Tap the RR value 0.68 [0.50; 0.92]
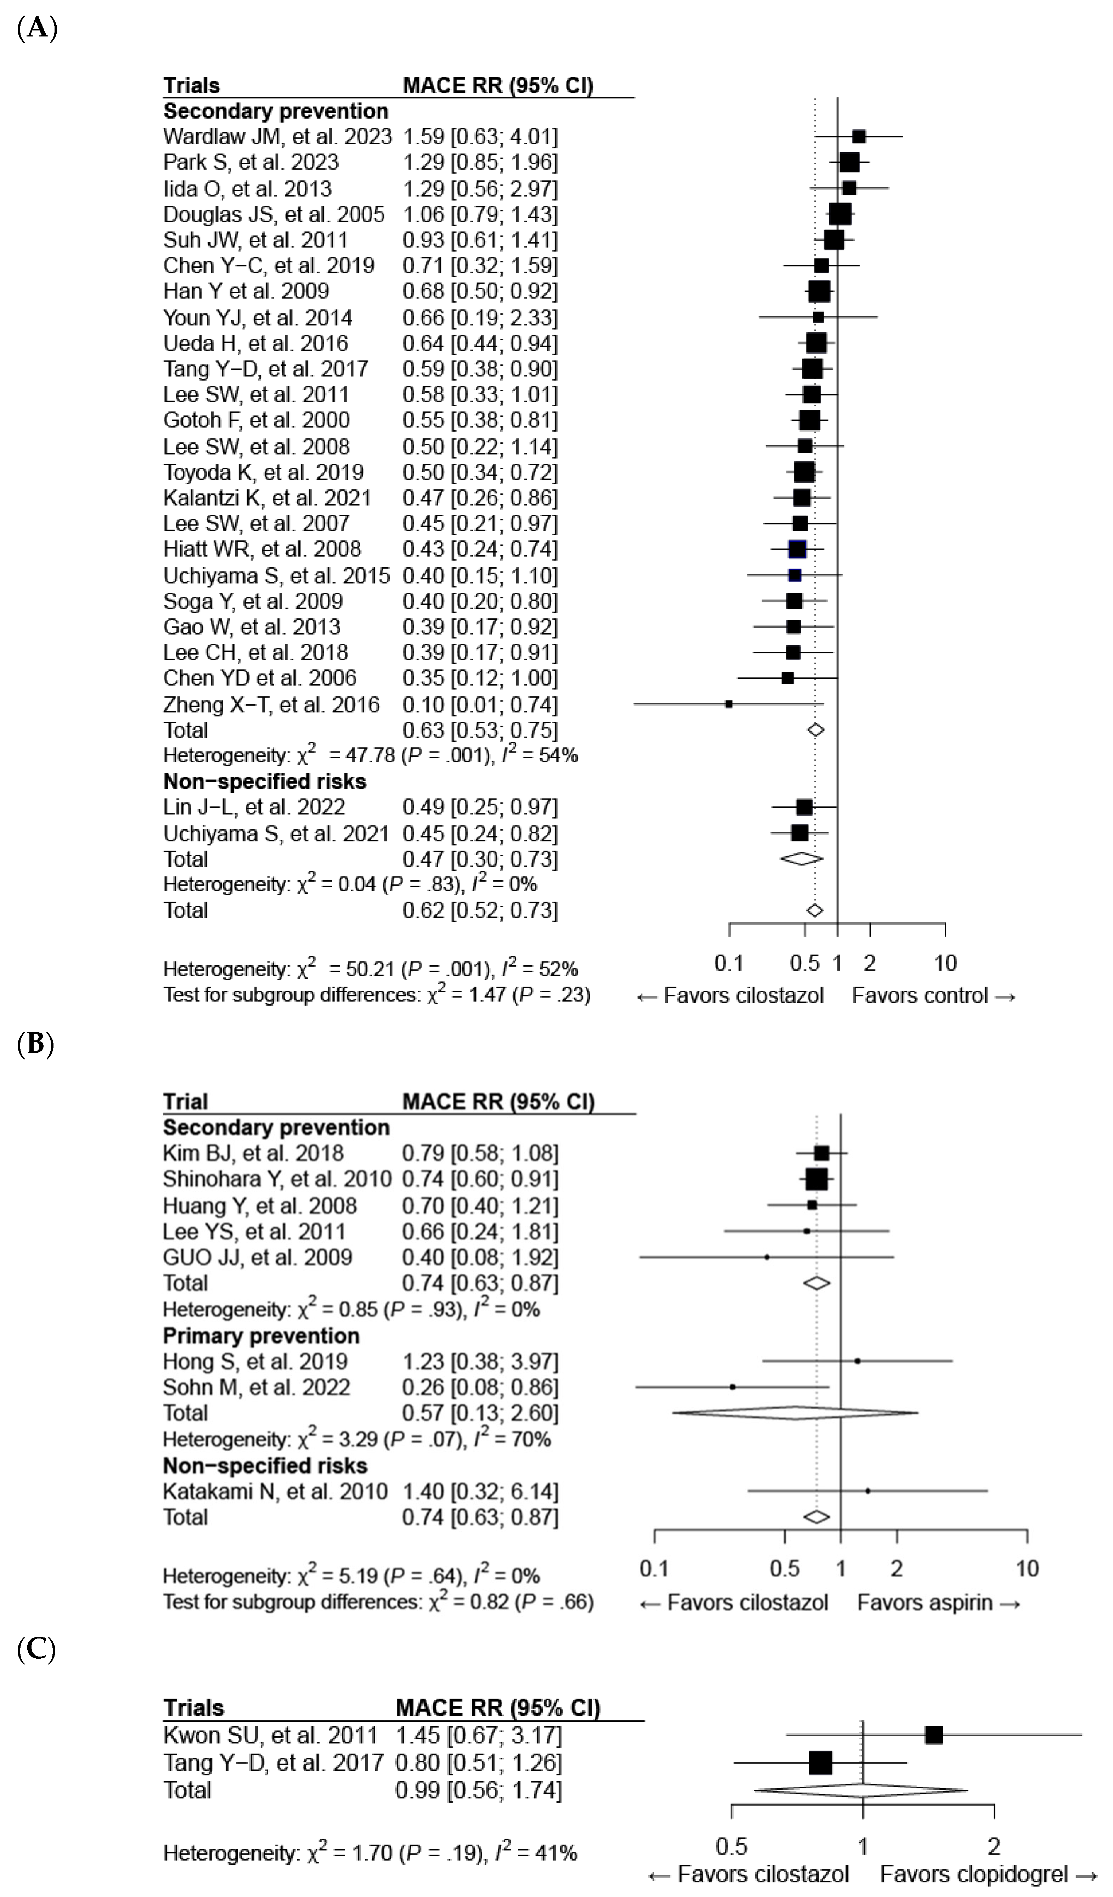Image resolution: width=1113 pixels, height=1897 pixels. (x=480, y=291)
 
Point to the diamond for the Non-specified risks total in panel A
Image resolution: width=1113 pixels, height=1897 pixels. (x=801, y=859)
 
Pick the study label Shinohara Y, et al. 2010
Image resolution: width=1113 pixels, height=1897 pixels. (x=277, y=1179)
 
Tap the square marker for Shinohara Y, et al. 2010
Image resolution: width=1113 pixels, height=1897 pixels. (x=816, y=1179)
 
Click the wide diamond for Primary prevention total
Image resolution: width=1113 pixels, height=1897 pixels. (x=795, y=1413)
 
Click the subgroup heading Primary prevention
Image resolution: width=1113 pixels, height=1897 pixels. (x=261, y=1335)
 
